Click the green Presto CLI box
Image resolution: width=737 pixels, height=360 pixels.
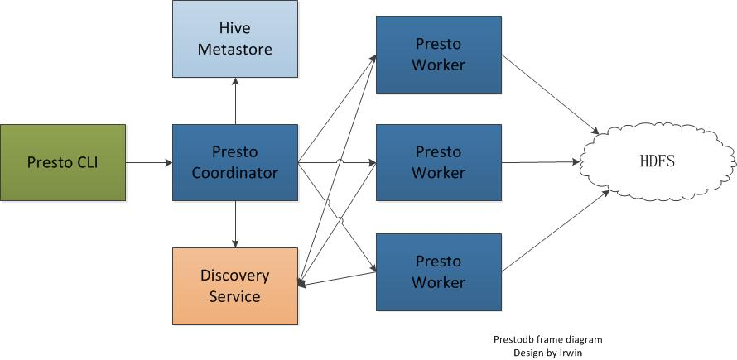[x=62, y=162]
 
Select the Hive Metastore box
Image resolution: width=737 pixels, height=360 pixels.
[x=235, y=39]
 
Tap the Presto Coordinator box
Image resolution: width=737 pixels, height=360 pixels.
[x=235, y=162]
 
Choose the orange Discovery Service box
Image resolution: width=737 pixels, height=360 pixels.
[x=235, y=286]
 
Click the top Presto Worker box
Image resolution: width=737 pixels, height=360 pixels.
[x=438, y=54]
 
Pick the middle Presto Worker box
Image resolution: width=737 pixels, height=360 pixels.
[x=438, y=162]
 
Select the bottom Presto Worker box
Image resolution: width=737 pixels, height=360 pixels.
[x=438, y=271]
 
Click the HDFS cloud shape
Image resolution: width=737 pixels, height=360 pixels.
[x=659, y=161]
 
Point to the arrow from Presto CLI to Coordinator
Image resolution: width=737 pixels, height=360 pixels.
[x=148, y=162]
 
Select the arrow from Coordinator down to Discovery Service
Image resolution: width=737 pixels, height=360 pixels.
[x=235, y=223]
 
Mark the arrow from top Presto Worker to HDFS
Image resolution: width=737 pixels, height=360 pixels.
[x=550, y=93]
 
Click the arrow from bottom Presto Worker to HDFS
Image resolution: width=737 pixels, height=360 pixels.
[x=555, y=232]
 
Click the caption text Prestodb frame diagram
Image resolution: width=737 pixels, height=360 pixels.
[x=547, y=339]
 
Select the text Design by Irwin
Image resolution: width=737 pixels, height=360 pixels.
[x=547, y=353]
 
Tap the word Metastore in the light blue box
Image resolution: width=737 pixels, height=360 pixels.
[x=235, y=49]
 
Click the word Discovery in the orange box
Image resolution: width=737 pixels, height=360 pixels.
[x=235, y=276]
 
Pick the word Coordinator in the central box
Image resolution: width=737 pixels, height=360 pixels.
[x=235, y=173]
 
